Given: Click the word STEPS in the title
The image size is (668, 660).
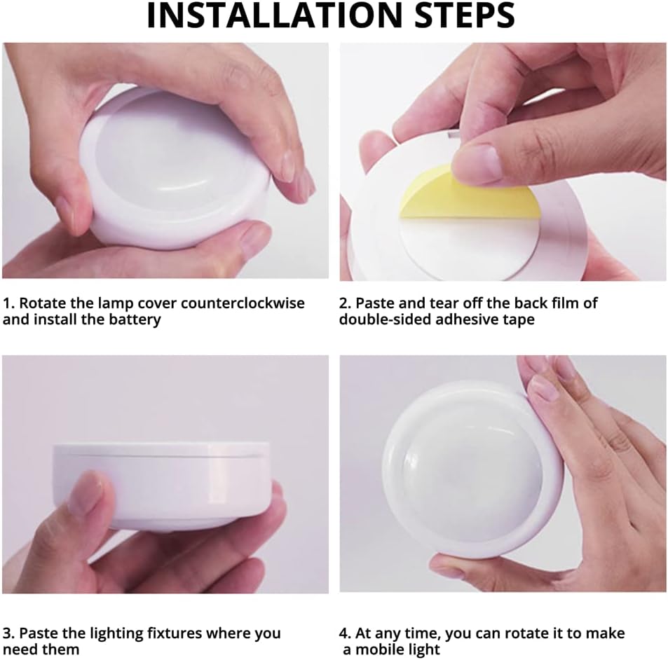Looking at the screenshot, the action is click(465, 15).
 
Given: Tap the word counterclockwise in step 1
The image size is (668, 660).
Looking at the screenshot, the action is click(243, 303).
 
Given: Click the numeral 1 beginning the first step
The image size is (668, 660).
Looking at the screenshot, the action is click(8, 303).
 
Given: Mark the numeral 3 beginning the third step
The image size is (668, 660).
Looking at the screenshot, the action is click(8, 633).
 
